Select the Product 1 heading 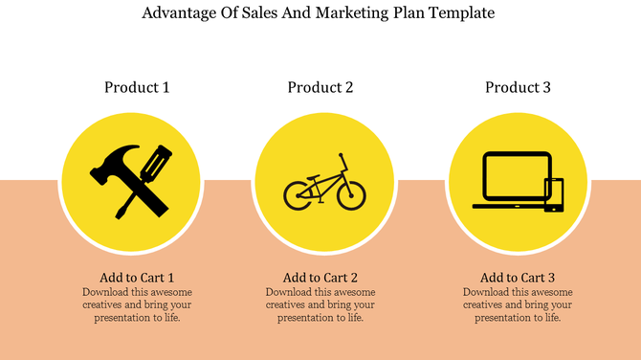[137, 87]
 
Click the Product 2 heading [320, 87]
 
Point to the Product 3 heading [518, 87]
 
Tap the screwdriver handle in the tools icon [156, 162]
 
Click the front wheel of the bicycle [350, 195]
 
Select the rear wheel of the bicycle [298, 195]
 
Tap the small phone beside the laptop [554, 194]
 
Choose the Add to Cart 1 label [137, 277]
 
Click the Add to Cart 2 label [320, 277]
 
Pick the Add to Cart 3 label [518, 277]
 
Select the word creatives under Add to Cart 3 [485, 304]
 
